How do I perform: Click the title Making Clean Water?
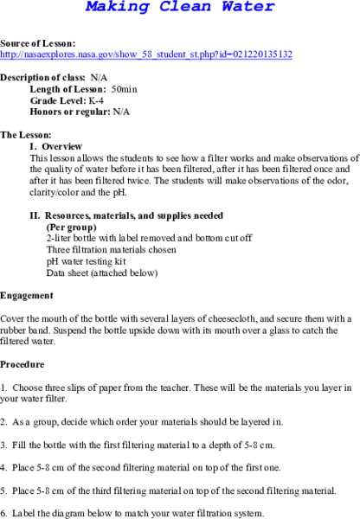180,9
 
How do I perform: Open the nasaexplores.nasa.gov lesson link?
146,54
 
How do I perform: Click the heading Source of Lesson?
37,42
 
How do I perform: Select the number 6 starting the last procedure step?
3,513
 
